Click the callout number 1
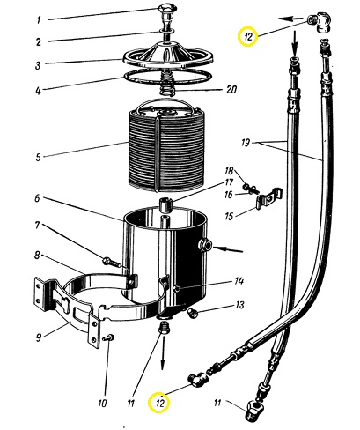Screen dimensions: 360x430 coord(39,20)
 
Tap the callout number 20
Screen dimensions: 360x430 coord(231,89)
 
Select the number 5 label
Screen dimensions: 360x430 coord(38,157)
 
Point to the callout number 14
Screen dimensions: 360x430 coord(239,281)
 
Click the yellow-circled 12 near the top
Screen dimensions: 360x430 coord(248,36)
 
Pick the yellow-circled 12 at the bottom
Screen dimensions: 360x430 coord(158,403)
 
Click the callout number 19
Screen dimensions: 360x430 coord(246,143)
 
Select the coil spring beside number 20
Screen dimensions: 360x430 coord(168,84)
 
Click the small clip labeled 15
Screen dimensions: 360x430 coord(268,198)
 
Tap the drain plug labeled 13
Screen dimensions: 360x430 coord(193,314)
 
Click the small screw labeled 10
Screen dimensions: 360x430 coord(109,337)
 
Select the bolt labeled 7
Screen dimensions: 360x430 coord(112,262)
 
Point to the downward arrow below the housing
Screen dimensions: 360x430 coord(163,352)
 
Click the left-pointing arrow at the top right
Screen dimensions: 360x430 coord(291,19)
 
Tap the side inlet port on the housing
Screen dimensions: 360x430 coord(204,244)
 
